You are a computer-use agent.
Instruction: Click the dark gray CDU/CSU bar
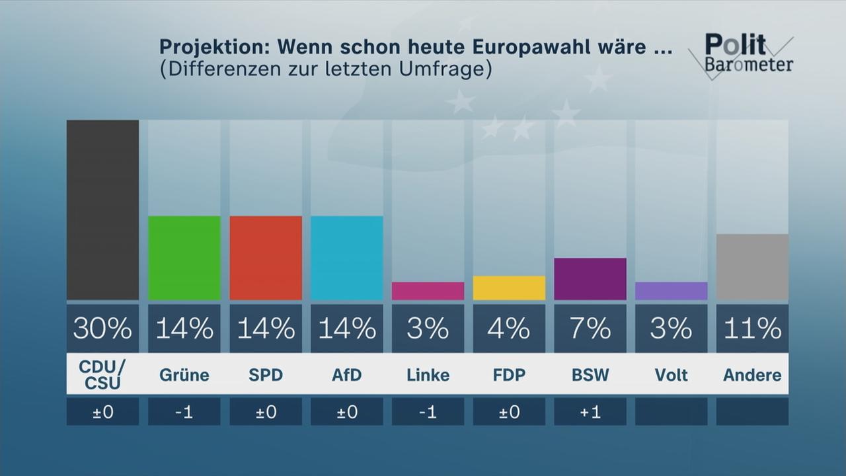click(102, 210)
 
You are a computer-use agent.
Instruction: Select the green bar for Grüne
click(184, 258)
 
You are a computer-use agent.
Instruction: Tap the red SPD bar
click(265, 258)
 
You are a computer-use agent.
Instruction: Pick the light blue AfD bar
click(346, 258)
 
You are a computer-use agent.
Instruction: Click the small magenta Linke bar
click(428, 291)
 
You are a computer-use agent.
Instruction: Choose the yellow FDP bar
click(509, 288)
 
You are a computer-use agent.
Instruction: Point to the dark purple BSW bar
click(590, 279)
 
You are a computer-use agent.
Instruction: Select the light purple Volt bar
click(671, 291)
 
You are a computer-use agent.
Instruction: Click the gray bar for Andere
click(752, 267)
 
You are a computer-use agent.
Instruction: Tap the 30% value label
click(102, 329)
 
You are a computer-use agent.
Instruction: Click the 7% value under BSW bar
click(590, 329)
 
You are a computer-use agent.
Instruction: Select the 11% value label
click(752, 329)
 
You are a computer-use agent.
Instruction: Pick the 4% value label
click(509, 329)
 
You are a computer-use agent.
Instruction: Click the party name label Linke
click(428, 375)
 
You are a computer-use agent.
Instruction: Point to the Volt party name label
click(671, 375)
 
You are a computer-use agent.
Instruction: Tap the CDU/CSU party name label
click(102, 375)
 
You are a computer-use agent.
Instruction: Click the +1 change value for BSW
click(590, 412)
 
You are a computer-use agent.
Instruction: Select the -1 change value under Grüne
click(184, 412)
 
